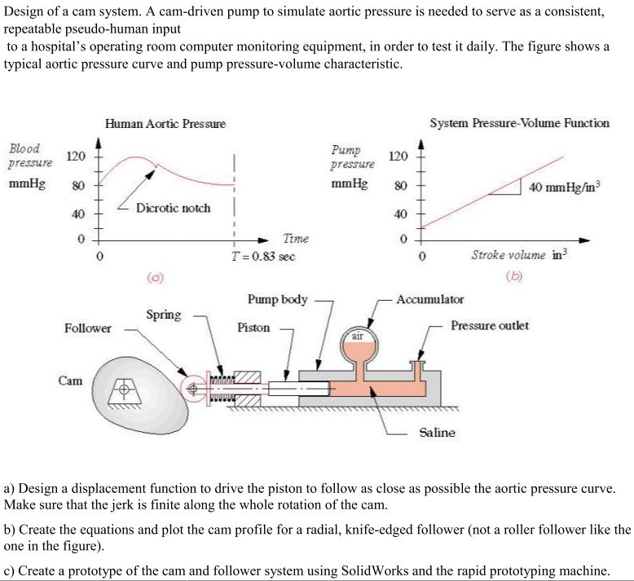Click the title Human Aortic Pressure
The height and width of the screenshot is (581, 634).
click(x=165, y=124)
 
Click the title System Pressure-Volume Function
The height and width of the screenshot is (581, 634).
click(x=519, y=123)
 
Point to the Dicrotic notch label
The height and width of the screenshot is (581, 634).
click(x=173, y=208)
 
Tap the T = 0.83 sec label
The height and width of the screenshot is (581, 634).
click(x=262, y=256)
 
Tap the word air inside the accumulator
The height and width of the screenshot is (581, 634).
click(x=358, y=335)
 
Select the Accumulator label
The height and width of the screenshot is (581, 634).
click(x=429, y=300)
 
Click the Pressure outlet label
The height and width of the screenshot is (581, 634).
click(x=490, y=326)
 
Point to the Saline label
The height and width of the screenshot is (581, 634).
click(x=438, y=433)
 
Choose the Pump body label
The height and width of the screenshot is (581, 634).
click(x=277, y=300)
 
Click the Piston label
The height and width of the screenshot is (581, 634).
click(x=253, y=328)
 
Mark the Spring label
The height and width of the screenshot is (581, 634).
click(x=163, y=315)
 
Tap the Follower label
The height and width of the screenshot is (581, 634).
click(x=87, y=328)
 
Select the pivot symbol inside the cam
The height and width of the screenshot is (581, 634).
click(x=125, y=390)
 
